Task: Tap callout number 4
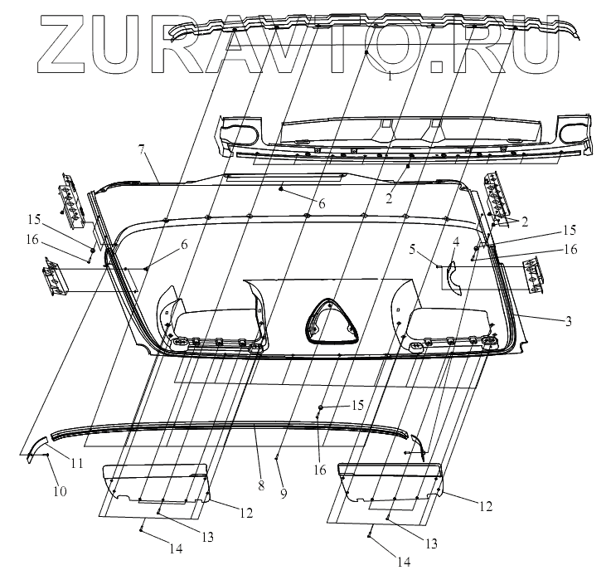pyautogui.click(x=455, y=241)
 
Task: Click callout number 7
pyautogui.click(x=142, y=149)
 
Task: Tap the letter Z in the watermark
pyautogui.click(x=70, y=41)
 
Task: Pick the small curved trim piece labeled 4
pyautogui.click(x=452, y=276)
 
